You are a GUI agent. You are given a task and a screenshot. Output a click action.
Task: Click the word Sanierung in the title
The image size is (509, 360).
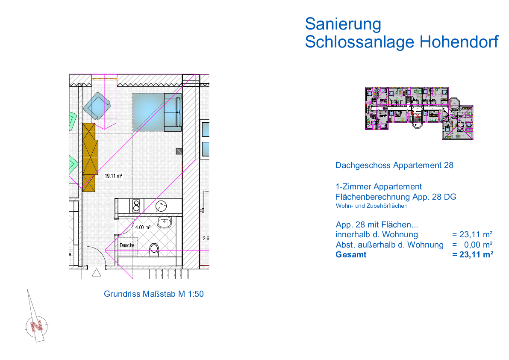click(343, 24)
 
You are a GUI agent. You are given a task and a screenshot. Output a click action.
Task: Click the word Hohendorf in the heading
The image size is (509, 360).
click(459, 42)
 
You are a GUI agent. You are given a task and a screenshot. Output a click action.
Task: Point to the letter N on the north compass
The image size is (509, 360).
click(38, 326)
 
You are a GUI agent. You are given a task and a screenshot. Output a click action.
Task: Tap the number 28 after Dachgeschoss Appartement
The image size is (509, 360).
click(448, 165)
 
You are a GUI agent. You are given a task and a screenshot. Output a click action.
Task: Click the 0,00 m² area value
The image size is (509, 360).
click(478, 245)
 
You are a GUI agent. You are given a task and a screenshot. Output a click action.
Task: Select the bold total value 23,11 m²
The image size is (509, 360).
click(472, 255)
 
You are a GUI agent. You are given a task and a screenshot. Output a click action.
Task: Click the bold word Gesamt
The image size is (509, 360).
click(351, 255)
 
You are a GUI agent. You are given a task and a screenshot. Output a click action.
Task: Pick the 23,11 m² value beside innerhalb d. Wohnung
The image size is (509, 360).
click(472, 235)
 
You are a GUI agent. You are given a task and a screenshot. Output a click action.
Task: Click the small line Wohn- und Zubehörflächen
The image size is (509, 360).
click(371, 206)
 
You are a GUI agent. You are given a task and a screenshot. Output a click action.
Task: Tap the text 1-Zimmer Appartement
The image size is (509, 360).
click(379, 187)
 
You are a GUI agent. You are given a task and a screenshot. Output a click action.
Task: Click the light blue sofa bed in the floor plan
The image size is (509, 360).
click(156, 112)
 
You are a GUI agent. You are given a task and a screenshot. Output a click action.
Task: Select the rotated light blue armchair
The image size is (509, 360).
click(97, 106)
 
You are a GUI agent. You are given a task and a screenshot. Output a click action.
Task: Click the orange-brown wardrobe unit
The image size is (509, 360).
click(90, 156)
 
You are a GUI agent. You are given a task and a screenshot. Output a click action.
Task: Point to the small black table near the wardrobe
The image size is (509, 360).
click(114, 176)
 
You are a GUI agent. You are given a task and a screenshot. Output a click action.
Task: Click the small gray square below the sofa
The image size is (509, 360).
click(179, 151)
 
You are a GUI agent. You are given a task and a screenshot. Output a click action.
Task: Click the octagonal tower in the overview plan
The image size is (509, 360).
click(453, 103)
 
